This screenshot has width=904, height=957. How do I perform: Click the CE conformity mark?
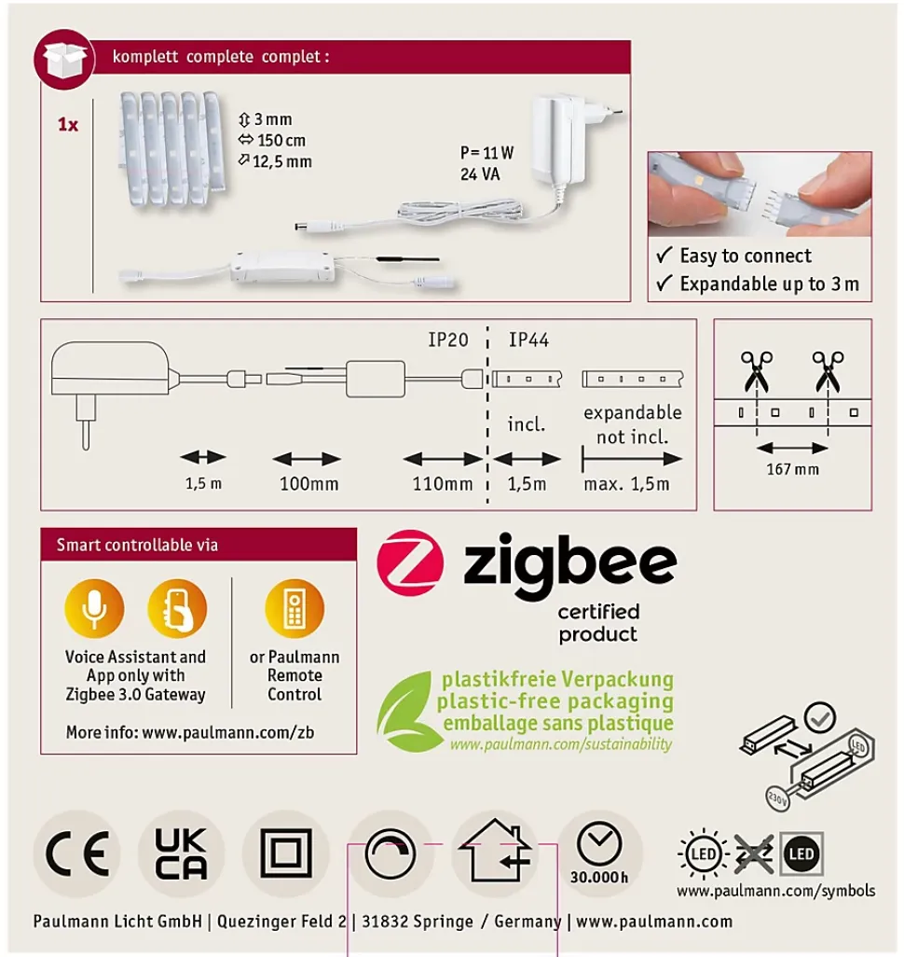[77, 853]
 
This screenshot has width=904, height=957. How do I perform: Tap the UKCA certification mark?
[181, 853]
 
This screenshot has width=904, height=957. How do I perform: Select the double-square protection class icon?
[286, 853]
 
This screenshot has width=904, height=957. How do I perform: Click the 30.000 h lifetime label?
[599, 877]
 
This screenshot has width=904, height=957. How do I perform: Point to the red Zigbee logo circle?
[410, 562]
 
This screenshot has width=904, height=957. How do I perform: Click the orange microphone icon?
[94, 608]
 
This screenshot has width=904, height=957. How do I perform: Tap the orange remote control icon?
[294, 608]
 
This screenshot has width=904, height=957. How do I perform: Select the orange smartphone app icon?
[177, 608]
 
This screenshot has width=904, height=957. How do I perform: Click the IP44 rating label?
[528, 340]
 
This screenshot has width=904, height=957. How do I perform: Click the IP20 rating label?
[448, 340]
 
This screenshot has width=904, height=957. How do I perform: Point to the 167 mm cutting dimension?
[793, 469]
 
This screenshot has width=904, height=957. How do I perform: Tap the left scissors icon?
[757, 371]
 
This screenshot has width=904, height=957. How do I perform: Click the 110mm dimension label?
[443, 484]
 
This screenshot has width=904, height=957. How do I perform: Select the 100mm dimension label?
[309, 484]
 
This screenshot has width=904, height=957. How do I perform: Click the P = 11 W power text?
[486, 153]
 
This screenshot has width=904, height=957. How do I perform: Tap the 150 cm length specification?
[272, 140]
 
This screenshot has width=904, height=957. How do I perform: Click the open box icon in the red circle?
[63, 60]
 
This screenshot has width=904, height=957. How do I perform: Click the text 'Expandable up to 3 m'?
[770, 284]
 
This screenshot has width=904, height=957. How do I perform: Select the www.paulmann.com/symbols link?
[776, 891]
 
